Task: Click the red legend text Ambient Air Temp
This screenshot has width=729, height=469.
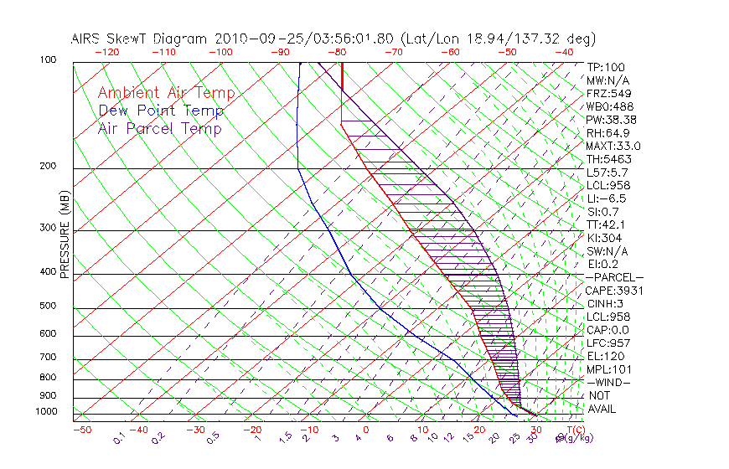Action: pyautogui.click(x=166, y=93)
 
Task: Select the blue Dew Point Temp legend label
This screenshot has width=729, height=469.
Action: pyautogui.click(x=161, y=111)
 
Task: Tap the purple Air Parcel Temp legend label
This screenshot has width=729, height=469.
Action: pyautogui.click(x=159, y=128)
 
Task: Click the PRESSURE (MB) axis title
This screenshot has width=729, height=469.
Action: pyautogui.click(x=65, y=234)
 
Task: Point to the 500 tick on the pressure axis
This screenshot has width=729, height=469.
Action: pyautogui.click(x=49, y=307)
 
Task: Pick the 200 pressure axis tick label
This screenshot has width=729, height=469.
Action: pyautogui.click(x=49, y=167)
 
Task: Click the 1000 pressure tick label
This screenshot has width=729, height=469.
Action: pyautogui.click(x=47, y=412)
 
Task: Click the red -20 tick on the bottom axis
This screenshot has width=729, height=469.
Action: pyautogui.click(x=252, y=430)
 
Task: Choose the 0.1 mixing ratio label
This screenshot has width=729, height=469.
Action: pyautogui.click(x=119, y=437)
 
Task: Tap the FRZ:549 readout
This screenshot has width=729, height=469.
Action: pyautogui.click(x=608, y=94)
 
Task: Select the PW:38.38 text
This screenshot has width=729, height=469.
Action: pyautogui.click(x=612, y=120)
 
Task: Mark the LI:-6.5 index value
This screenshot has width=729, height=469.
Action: pyautogui.click(x=606, y=198)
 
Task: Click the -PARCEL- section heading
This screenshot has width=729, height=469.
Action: pyautogui.click(x=614, y=277)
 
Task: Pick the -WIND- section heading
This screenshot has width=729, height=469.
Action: pyautogui.click(x=609, y=382)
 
